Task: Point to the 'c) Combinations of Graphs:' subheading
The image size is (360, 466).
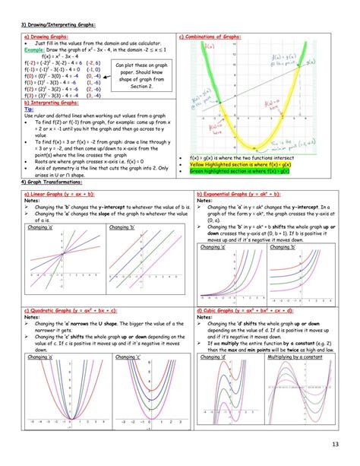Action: (x=210, y=36)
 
